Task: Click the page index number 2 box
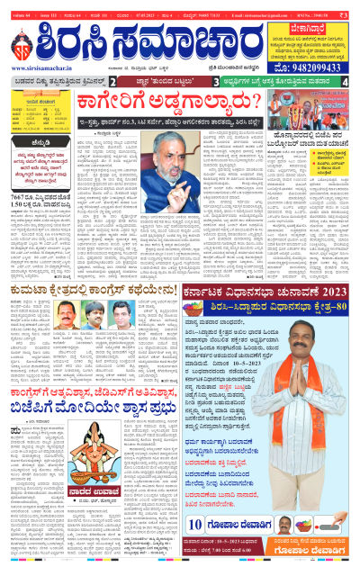pyautogui.click(x=123, y=82)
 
